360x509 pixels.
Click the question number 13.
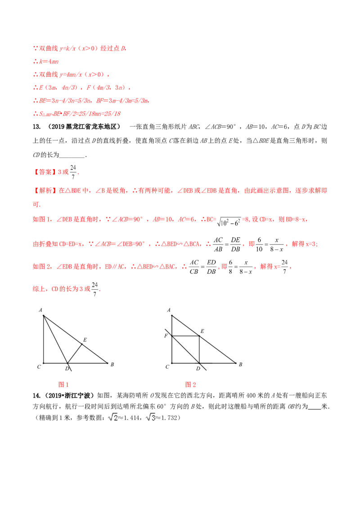coord(36,127)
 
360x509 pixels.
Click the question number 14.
coord(36,395)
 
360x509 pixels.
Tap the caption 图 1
coord(63,384)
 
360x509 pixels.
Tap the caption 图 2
coord(190,384)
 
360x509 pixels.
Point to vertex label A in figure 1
coord(40,310)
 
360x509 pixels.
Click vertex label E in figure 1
coord(85,340)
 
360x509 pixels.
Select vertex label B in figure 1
coord(112,365)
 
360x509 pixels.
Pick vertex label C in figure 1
coord(39,367)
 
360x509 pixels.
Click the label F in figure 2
coord(166,335)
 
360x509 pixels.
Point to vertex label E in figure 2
coord(202,331)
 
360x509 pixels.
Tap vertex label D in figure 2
coord(198,368)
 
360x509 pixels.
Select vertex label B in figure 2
coord(240,365)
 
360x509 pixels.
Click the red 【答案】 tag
coord(45,172)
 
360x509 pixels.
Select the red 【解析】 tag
coord(45,191)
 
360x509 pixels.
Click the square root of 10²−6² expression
coord(229,221)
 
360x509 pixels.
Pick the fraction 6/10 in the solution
coord(259,245)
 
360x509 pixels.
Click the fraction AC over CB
coord(194,267)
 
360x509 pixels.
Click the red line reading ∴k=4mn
coord(46,61)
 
